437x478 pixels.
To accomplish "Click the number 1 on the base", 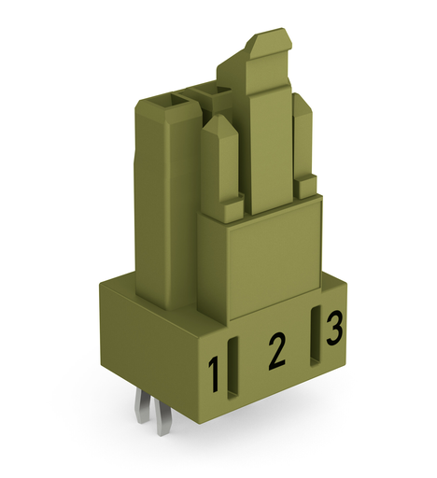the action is pyautogui.click(x=213, y=374).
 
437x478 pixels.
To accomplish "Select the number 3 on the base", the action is pyautogui.click(x=334, y=329).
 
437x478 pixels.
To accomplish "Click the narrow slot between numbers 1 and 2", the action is pyautogui.click(x=233, y=368).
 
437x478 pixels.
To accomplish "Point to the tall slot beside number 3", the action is pyautogui.click(x=316, y=336).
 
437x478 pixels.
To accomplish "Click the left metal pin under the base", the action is pyautogui.click(x=142, y=407).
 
